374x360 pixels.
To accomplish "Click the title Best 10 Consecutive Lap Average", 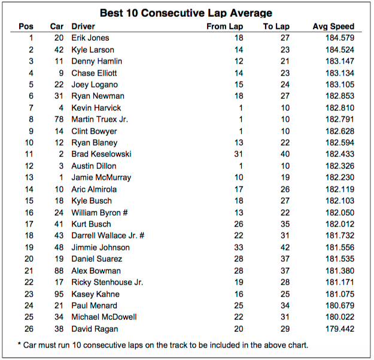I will point(186,13).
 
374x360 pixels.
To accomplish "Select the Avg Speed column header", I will point(333,26).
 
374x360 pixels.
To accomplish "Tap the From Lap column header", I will point(224,26).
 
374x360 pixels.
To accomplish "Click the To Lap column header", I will point(276,26).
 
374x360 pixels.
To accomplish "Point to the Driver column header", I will point(83,26).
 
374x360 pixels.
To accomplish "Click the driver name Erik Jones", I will point(91,38).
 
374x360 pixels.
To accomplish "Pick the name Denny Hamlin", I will point(96,61).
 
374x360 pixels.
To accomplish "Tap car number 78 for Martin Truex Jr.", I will point(58,119).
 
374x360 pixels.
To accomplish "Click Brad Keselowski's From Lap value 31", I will point(238,154).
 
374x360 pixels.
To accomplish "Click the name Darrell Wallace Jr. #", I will point(108,235).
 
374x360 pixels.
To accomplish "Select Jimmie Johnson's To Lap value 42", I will point(285,247).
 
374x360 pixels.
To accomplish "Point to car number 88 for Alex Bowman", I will point(58,271).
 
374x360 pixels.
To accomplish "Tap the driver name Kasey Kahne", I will point(95,294).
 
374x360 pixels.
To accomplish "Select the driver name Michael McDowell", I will point(104,317).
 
